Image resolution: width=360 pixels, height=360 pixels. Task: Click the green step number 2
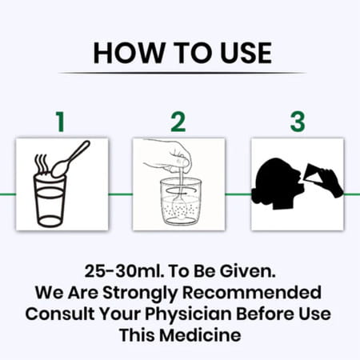[x=178, y=122]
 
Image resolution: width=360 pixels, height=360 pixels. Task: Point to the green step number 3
[x=297, y=122]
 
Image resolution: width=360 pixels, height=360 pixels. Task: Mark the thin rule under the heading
[x=180, y=74]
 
